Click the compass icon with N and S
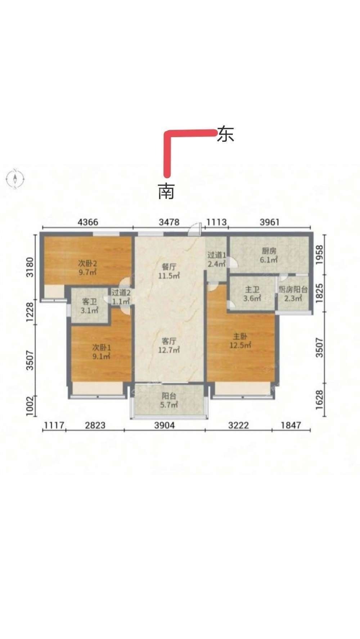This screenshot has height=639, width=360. (x=15, y=178)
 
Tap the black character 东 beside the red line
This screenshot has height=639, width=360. (x=225, y=134)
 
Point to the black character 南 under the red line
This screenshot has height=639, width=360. (x=166, y=191)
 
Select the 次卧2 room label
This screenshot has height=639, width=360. (x=88, y=268)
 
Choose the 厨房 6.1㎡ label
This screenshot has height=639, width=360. (x=269, y=255)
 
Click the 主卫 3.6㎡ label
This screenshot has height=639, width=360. (x=252, y=294)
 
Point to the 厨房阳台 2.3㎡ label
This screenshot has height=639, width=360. (x=293, y=294)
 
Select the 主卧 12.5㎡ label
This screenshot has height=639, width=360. (x=240, y=341)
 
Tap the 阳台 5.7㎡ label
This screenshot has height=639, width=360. (x=169, y=400)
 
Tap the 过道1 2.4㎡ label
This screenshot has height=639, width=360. (x=216, y=259)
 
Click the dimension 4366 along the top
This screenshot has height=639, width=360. (x=88, y=222)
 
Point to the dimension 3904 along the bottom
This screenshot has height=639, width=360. (x=165, y=425)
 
